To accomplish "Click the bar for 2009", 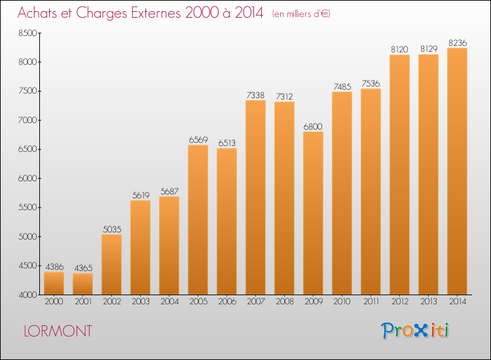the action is coord(313,213).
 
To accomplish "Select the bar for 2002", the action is coord(111,264).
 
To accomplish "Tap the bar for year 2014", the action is coord(457,171).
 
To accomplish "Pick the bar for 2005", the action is coord(198,220).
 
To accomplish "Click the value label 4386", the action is coord(54,266).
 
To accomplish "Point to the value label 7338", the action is coord(255,95).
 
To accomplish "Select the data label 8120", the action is coord(399,50).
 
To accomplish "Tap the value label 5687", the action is coord(170,191).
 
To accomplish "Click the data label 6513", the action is coord(227,143).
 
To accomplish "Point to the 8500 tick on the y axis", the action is coord(28,33).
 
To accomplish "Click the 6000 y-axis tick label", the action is coord(28,179).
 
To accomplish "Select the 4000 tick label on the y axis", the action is coord(28,295).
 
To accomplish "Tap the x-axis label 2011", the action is coord(371,302).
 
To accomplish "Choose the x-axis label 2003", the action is coord(141,302).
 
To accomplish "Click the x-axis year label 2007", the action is coord(256,302).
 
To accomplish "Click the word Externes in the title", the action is coord(156,13).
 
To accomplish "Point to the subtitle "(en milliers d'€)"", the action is coord(301,14).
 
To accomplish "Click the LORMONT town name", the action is coord(58,331).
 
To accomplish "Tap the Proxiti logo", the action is coord(415,331).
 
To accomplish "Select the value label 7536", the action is coord(371,84).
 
